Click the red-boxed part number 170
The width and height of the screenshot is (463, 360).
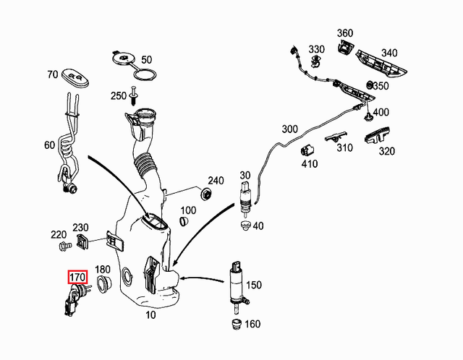coord(77,277)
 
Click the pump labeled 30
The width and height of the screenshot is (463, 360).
coord(244,198)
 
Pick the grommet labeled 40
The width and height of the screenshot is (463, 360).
coord(245,227)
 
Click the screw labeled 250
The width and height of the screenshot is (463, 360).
coord(134,95)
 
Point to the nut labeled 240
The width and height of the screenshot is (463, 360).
coord(206,194)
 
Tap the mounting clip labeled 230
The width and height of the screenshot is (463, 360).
coord(82,241)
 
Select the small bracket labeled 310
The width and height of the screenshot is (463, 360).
coord(336,137)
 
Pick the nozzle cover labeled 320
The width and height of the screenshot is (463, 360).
coord(379,136)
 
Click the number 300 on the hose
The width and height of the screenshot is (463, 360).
coord(289,129)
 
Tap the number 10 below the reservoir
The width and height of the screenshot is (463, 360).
coord(150,315)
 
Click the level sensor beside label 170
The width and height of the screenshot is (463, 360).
coord(75,299)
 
